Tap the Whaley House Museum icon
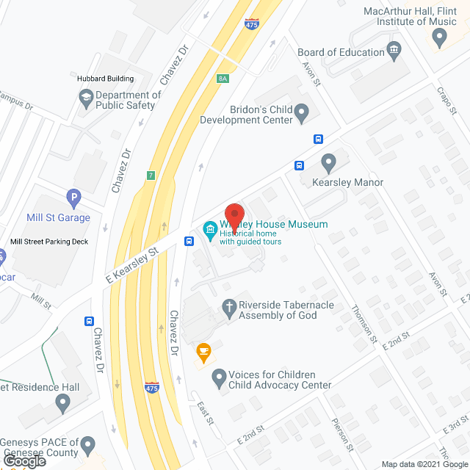point(209,230)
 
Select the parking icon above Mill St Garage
point(73,198)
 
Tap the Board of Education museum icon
point(394,51)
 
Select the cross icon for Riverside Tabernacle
point(229,308)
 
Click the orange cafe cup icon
point(202,353)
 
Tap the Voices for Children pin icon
point(218,379)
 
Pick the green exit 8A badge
point(223,78)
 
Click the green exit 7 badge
point(151,175)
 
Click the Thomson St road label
point(364,325)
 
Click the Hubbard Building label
point(106,79)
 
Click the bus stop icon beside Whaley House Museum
point(189,240)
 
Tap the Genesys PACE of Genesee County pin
point(88,445)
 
